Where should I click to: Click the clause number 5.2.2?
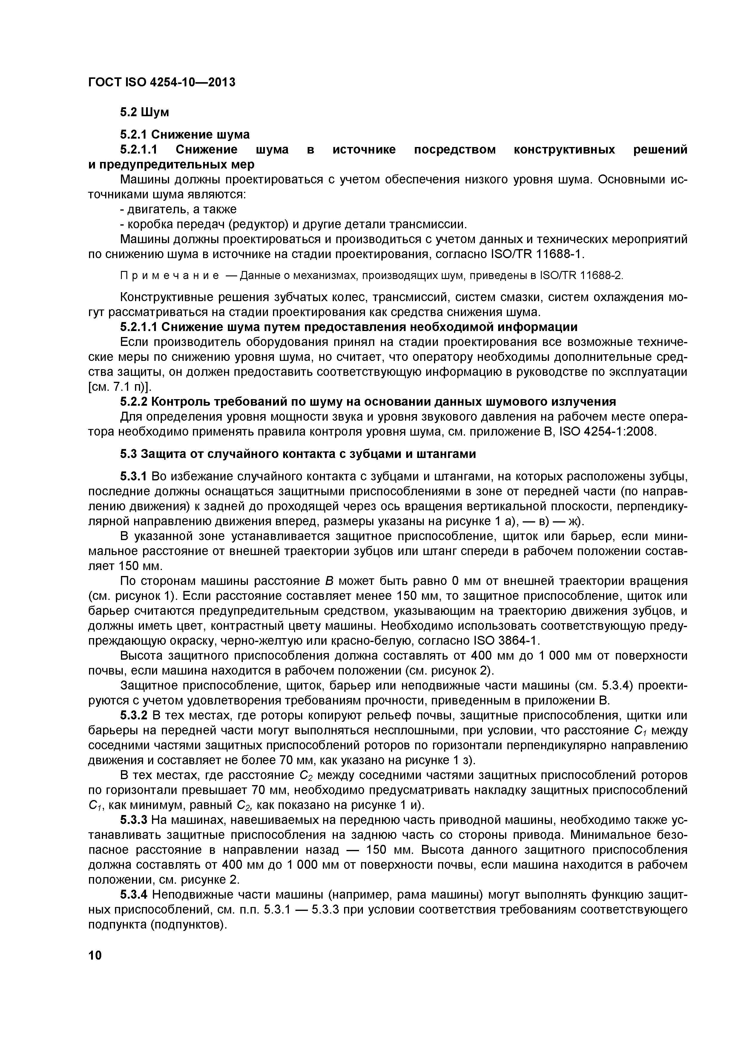click(x=134, y=402)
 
